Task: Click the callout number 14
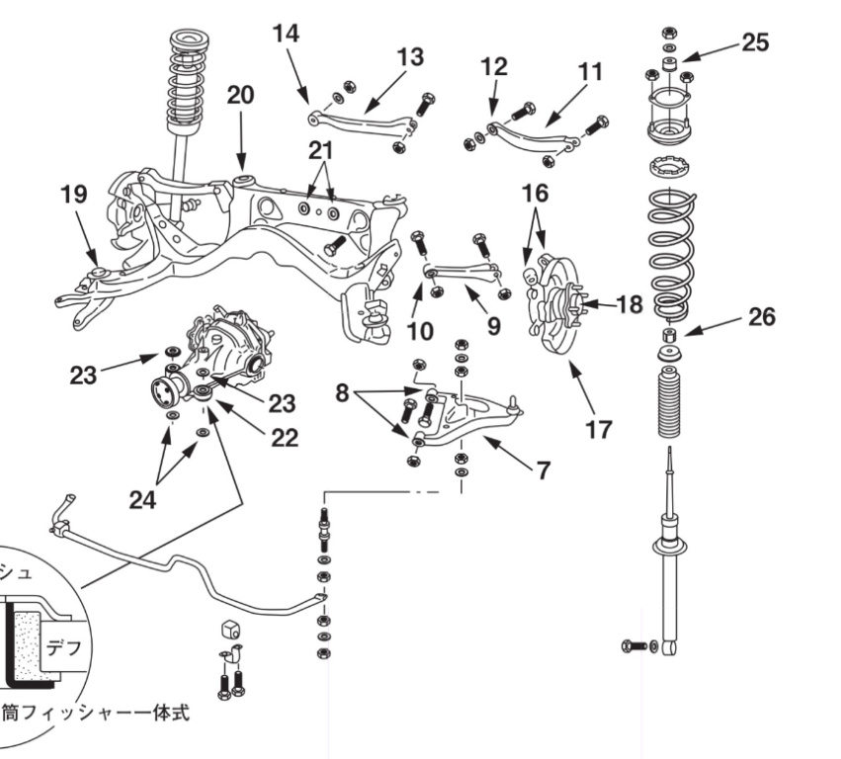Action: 286,33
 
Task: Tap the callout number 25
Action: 755,42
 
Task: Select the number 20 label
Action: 240,95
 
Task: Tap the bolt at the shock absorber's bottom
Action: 633,646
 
